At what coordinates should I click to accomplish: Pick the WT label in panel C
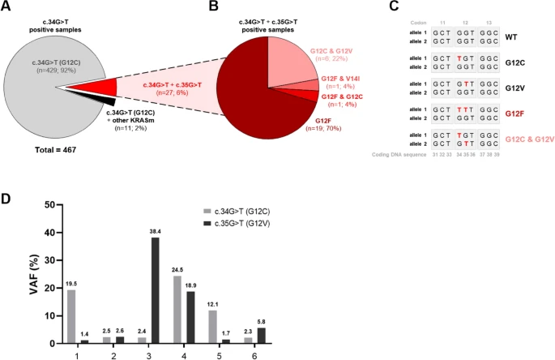[x=512, y=37]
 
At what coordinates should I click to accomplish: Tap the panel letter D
[x=8, y=197]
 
